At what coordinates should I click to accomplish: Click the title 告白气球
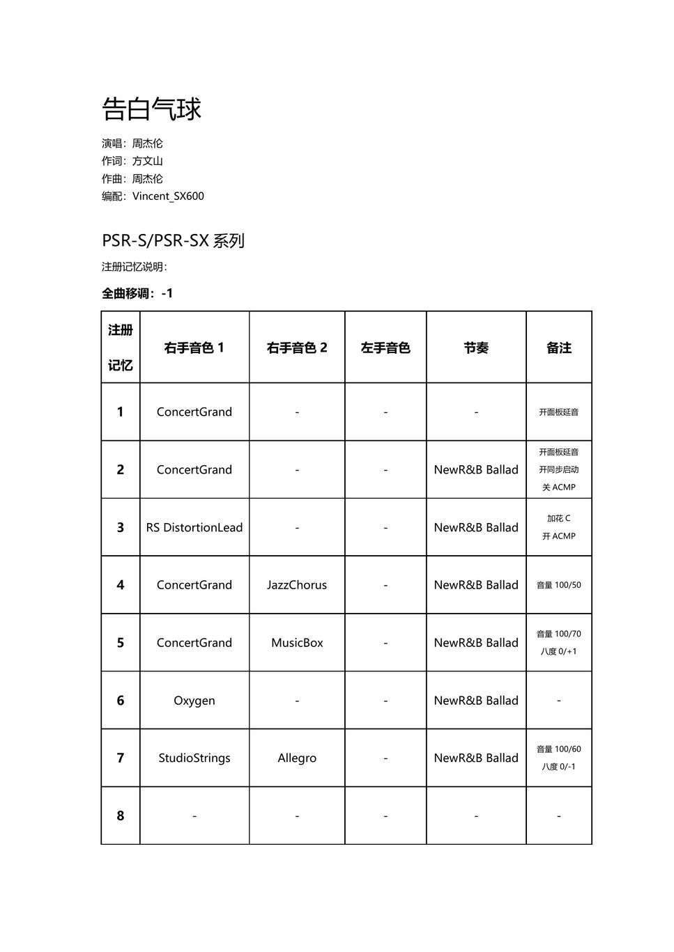pyautogui.click(x=151, y=109)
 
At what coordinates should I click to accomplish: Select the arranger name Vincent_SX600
pyautogui.click(x=168, y=196)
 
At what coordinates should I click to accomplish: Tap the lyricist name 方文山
pyautogui.click(x=148, y=161)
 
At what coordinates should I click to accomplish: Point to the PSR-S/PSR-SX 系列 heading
pyautogui.click(x=173, y=241)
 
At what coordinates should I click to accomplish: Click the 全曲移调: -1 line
pyautogui.click(x=137, y=293)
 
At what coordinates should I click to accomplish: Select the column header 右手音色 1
pyautogui.click(x=194, y=348)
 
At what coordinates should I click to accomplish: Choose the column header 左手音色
pyautogui.click(x=385, y=348)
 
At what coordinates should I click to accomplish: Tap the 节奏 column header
pyautogui.click(x=476, y=348)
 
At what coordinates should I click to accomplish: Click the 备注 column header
pyautogui.click(x=558, y=348)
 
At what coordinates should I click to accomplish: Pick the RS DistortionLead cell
pyautogui.click(x=194, y=527)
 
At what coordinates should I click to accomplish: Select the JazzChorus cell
pyautogui.click(x=297, y=585)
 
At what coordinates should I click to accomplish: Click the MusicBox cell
pyautogui.click(x=297, y=643)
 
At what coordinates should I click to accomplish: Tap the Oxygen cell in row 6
pyautogui.click(x=194, y=701)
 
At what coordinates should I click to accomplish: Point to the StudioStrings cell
pyautogui.click(x=194, y=758)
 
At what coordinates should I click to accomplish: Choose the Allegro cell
pyautogui.click(x=297, y=758)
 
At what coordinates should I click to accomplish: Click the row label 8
pyautogui.click(x=120, y=816)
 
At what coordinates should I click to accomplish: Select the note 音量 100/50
pyautogui.click(x=558, y=585)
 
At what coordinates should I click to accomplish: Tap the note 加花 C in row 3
pyautogui.click(x=558, y=518)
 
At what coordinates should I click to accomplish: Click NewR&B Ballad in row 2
pyautogui.click(x=476, y=469)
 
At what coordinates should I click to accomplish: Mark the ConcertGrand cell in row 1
pyautogui.click(x=194, y=412)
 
